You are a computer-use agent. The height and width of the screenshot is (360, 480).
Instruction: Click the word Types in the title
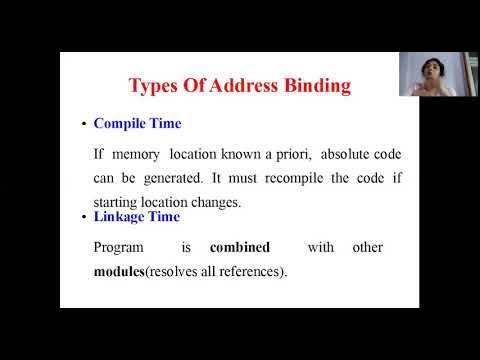163,86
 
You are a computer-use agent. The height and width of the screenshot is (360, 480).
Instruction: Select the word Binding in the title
318,86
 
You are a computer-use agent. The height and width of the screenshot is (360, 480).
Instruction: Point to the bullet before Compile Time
83,126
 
